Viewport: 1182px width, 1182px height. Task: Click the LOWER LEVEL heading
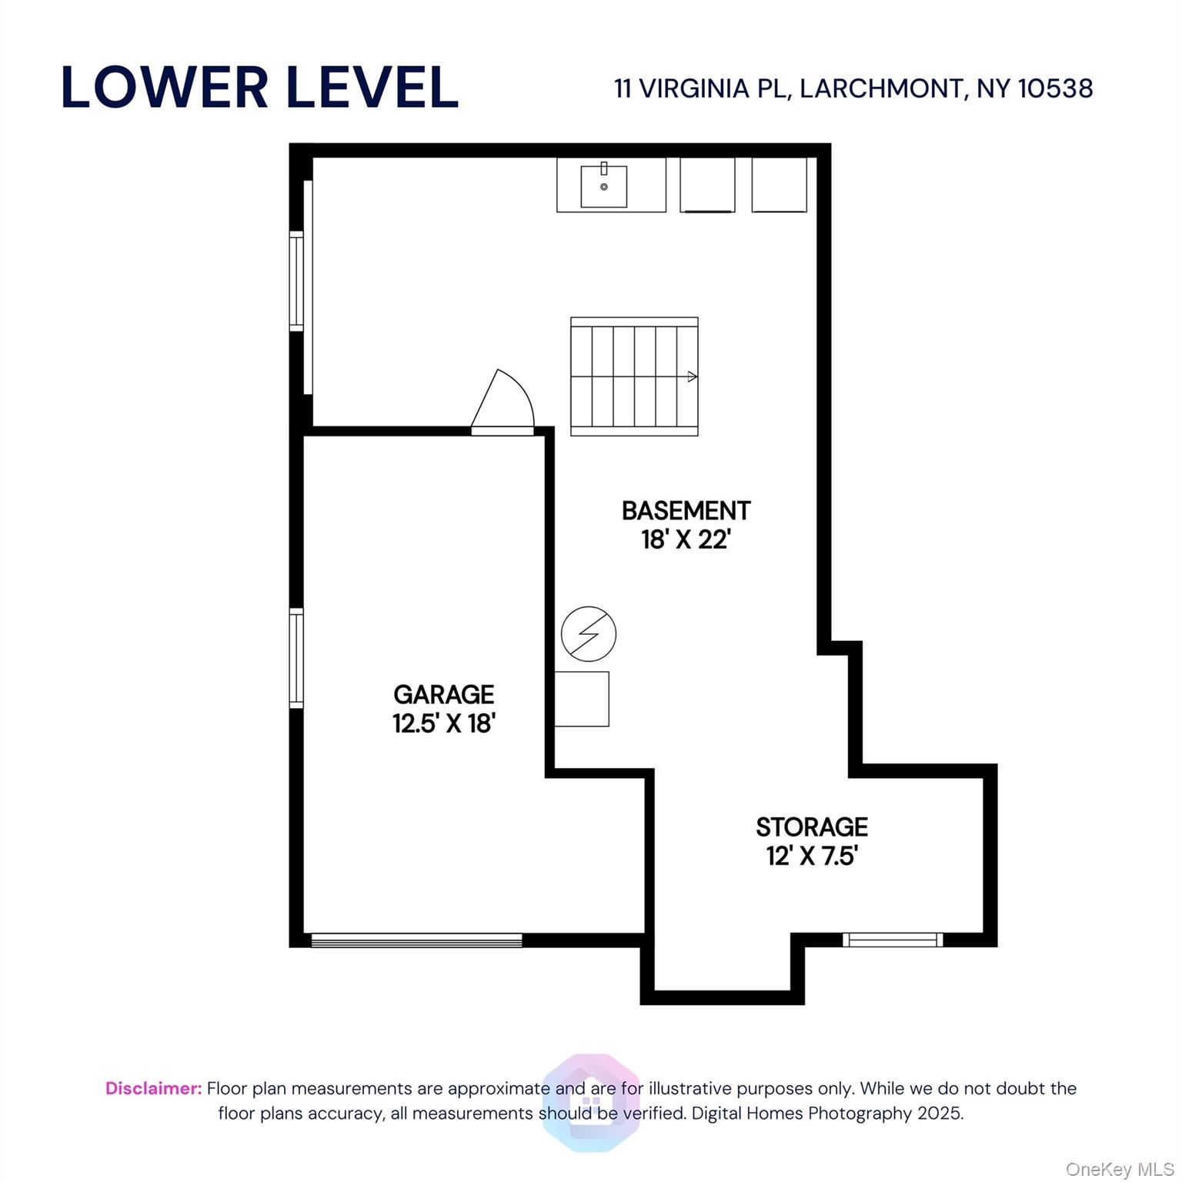point(259,87)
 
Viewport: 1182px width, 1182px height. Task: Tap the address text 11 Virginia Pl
point(700,88)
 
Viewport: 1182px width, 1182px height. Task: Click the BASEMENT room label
point(686,510)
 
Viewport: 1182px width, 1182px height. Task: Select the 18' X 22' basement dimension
point(686,539)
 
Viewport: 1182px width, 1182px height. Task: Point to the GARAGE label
point(444,694)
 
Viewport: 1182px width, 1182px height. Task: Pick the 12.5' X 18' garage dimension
point(444,723)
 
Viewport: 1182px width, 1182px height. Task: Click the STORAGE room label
point(812,826)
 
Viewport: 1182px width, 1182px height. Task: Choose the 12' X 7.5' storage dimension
point(812,856)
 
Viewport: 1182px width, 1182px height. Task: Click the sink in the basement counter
point(604,185)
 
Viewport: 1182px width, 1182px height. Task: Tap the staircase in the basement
point(634,376)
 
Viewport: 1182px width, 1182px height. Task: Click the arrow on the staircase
point(693,377)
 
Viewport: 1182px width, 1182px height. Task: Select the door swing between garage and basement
point(503,402)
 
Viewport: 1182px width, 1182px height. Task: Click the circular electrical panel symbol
point(589,634)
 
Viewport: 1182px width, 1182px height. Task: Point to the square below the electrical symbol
point(582,699)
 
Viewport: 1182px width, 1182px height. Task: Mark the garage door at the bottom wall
point(416,940)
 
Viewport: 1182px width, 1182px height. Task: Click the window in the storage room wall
point(893,940)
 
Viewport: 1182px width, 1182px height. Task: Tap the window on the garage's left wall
point(296,658)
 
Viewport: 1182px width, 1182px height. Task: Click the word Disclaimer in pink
point(154,1088)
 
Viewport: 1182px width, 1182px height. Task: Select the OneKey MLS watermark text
point(1120,1170)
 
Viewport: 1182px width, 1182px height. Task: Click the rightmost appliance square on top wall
point(779,185)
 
